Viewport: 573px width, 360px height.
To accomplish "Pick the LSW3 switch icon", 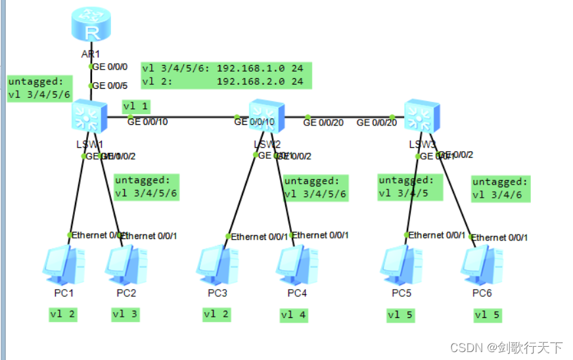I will (x=421, y=116).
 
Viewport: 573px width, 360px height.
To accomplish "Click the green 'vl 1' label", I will (x=136, y=105).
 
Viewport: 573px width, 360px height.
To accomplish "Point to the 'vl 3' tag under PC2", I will (x=126, y=314).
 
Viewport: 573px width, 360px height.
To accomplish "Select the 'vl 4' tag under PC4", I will (x=294, y=315).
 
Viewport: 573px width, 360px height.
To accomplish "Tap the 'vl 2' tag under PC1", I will (x=62, y=314).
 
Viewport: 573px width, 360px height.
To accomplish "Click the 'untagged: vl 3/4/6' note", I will (x=500, y=189).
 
